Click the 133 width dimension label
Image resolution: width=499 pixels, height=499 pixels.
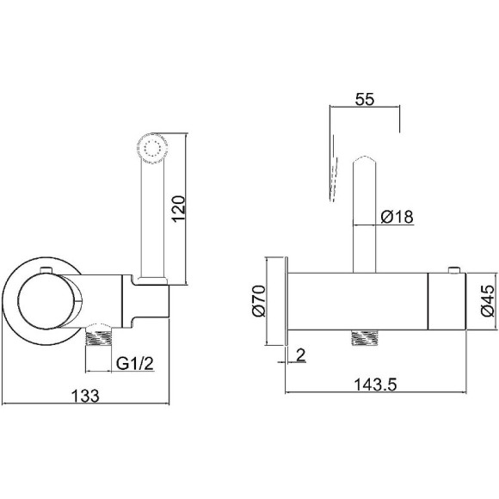click(85, 397)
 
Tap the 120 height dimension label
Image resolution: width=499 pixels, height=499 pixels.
click(178, 208)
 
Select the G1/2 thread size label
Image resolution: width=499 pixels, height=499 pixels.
click(135, 363)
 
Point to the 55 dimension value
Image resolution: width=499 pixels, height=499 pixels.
click(365, 99)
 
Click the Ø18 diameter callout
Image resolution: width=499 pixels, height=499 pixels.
click(397, 217)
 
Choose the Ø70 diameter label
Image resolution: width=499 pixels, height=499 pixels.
click(259, 301)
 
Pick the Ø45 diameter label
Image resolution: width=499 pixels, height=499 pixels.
click(488, 301)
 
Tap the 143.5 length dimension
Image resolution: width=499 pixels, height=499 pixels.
click(375, 385)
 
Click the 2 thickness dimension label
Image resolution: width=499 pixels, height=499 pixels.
click(301, 354)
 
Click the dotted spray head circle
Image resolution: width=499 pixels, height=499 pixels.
click(152, 148)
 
